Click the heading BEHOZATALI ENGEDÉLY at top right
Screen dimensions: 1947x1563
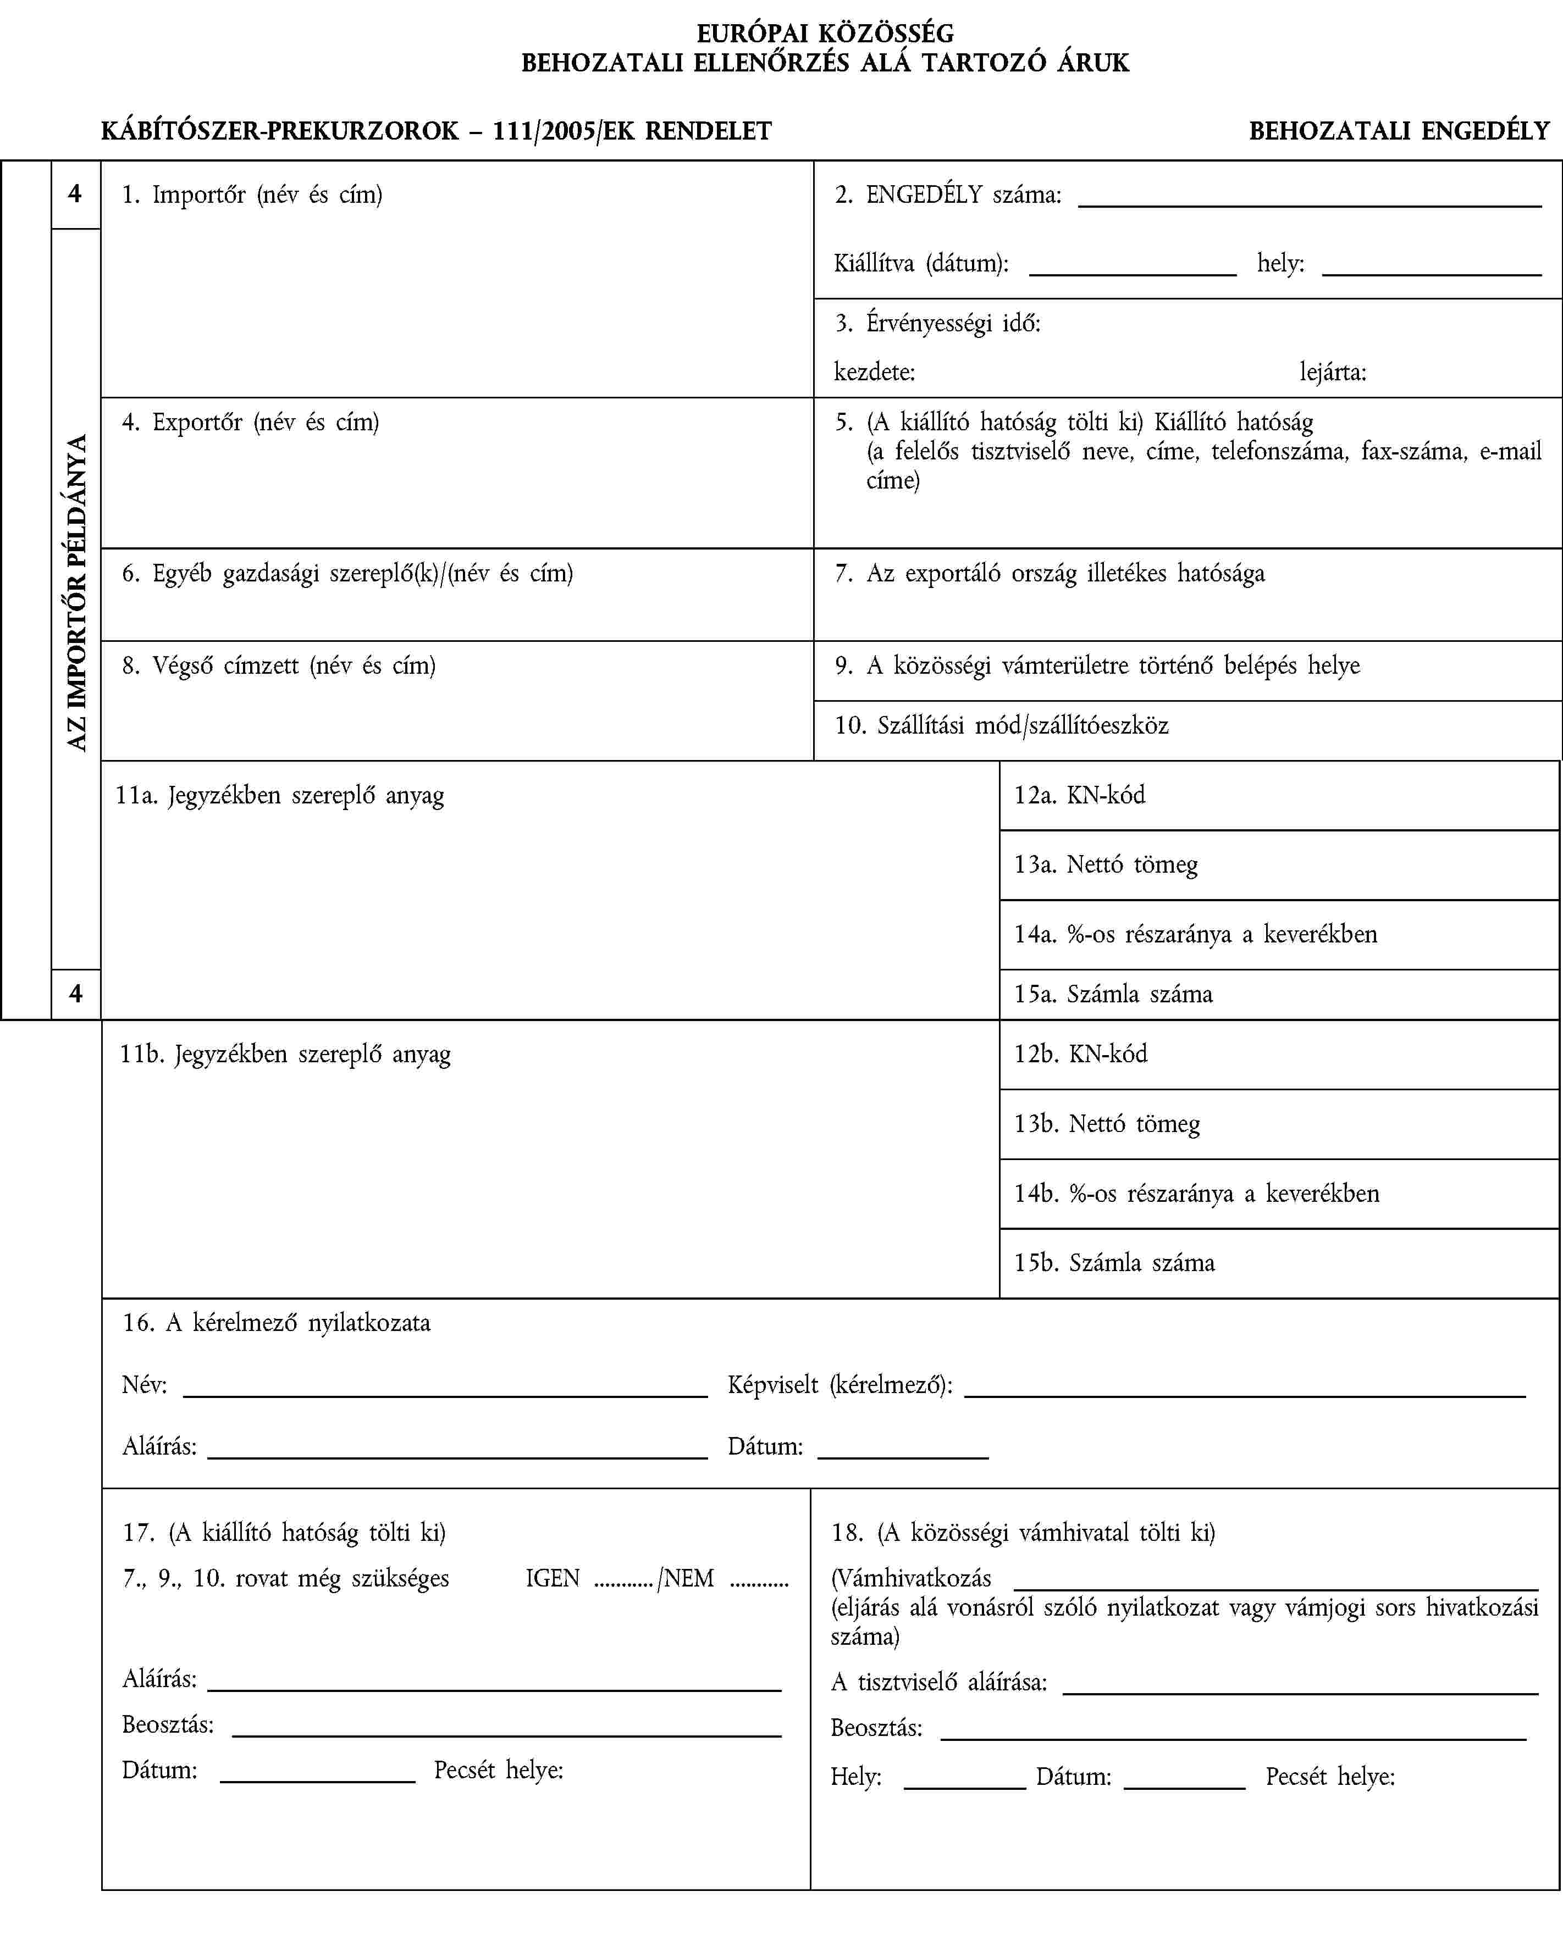[1399, 131]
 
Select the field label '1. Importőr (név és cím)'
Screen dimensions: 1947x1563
[252, 194]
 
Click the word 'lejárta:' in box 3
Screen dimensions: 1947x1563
[1333, 371]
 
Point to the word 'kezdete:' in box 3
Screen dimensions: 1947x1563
[874, 371]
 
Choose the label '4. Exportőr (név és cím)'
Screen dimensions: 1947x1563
[250, 421]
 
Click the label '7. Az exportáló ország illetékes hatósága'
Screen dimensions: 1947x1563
[1049, 573]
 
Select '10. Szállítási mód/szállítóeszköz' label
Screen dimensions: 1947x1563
[1001, 725]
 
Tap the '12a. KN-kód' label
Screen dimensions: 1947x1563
[1080, 795]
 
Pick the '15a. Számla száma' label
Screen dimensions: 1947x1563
[1113, 994]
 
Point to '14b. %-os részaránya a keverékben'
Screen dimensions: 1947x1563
[1196, 1193]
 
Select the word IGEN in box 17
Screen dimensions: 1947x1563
[552, 1578]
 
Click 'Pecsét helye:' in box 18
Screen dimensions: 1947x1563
[1330, 1776]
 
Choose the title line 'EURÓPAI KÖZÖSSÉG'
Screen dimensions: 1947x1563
[825, 34]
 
